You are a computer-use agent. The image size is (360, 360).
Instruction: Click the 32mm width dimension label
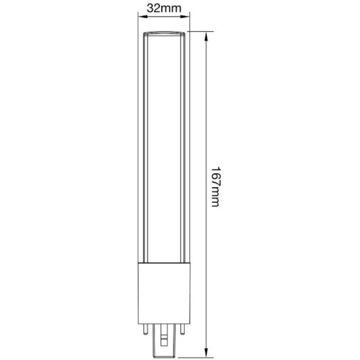[x=164, y=9]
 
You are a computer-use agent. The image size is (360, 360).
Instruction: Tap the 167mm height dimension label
[x=216, y=186]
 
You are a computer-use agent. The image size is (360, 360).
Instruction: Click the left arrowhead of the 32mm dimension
[x=143, y=17]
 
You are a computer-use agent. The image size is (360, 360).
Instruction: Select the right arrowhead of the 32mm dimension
[x=185, y=17]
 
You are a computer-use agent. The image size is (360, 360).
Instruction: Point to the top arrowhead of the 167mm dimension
[x=207, y=37]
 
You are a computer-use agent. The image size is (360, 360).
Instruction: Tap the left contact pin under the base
[x=145, y=329]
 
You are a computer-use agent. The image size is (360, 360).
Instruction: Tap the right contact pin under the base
[x=183, y=329]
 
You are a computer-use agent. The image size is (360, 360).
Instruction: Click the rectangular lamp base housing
[x=164, y=293]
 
